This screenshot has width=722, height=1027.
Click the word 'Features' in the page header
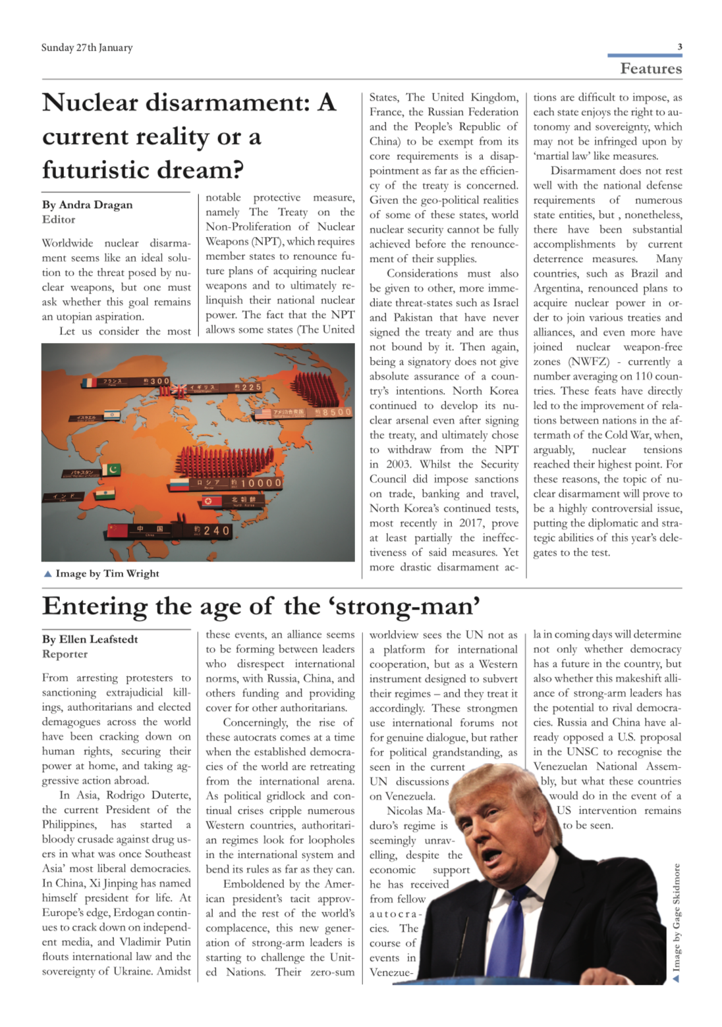(651, 68)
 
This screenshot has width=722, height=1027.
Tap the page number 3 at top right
(679, 47)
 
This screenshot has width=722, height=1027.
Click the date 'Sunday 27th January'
(87, 47)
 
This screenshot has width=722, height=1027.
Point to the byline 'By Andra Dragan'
(88, 204)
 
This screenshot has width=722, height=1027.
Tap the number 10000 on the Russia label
(261, 483)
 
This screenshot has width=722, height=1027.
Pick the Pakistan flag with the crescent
(111, 469)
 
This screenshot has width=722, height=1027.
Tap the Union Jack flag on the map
(179, 390)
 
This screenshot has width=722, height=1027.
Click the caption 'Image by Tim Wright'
(107, 573)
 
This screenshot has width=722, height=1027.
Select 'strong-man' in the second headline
(408, 606)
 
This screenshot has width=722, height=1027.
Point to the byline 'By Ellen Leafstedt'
(90, 639)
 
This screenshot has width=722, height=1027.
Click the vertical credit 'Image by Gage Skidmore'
(676, 922)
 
